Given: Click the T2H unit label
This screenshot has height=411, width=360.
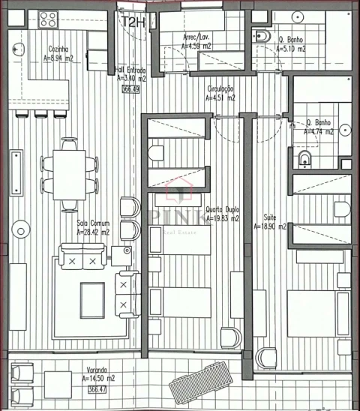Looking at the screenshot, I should [x=135, y=22].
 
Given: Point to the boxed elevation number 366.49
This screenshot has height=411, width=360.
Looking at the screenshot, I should [x=130, y=88].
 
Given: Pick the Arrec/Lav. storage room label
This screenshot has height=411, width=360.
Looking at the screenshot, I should [x=197, y=41].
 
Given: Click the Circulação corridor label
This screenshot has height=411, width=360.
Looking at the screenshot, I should [x=221, y=92].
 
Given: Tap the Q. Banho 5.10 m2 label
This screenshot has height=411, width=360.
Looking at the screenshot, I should [x=292, y=44].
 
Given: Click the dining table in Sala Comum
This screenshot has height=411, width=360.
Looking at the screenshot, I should [x=70, y=175].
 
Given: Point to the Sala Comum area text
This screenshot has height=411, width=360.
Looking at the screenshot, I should [x=93, y=227].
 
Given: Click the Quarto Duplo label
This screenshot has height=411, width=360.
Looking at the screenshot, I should [x=222, y=214].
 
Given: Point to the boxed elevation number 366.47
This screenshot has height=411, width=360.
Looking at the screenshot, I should [x=97, y=389].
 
